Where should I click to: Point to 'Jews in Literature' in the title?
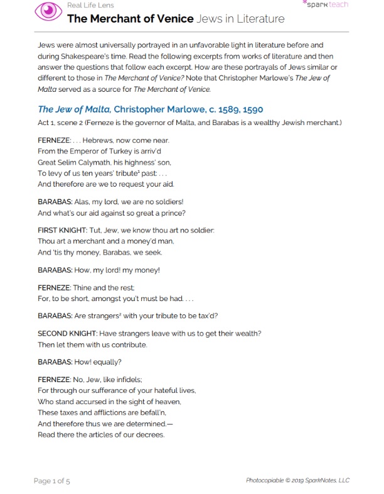point(240,18)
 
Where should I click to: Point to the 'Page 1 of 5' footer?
point(52,481)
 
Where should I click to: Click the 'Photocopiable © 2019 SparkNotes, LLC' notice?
point(297,481)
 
